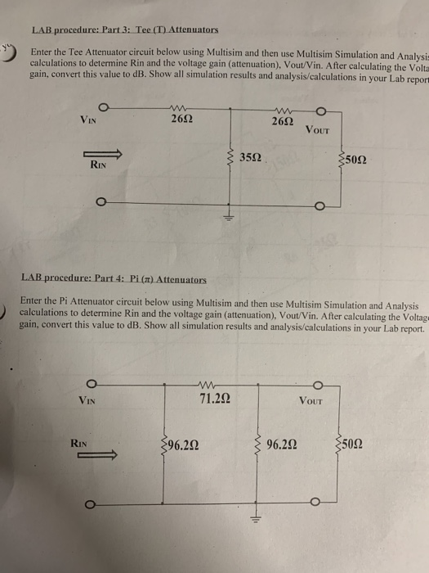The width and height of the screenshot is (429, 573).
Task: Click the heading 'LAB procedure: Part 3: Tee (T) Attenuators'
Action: click(125, 30)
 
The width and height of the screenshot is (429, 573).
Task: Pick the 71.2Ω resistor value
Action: click(218, 399)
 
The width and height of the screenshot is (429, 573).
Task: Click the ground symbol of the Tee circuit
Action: click(230, 217)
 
